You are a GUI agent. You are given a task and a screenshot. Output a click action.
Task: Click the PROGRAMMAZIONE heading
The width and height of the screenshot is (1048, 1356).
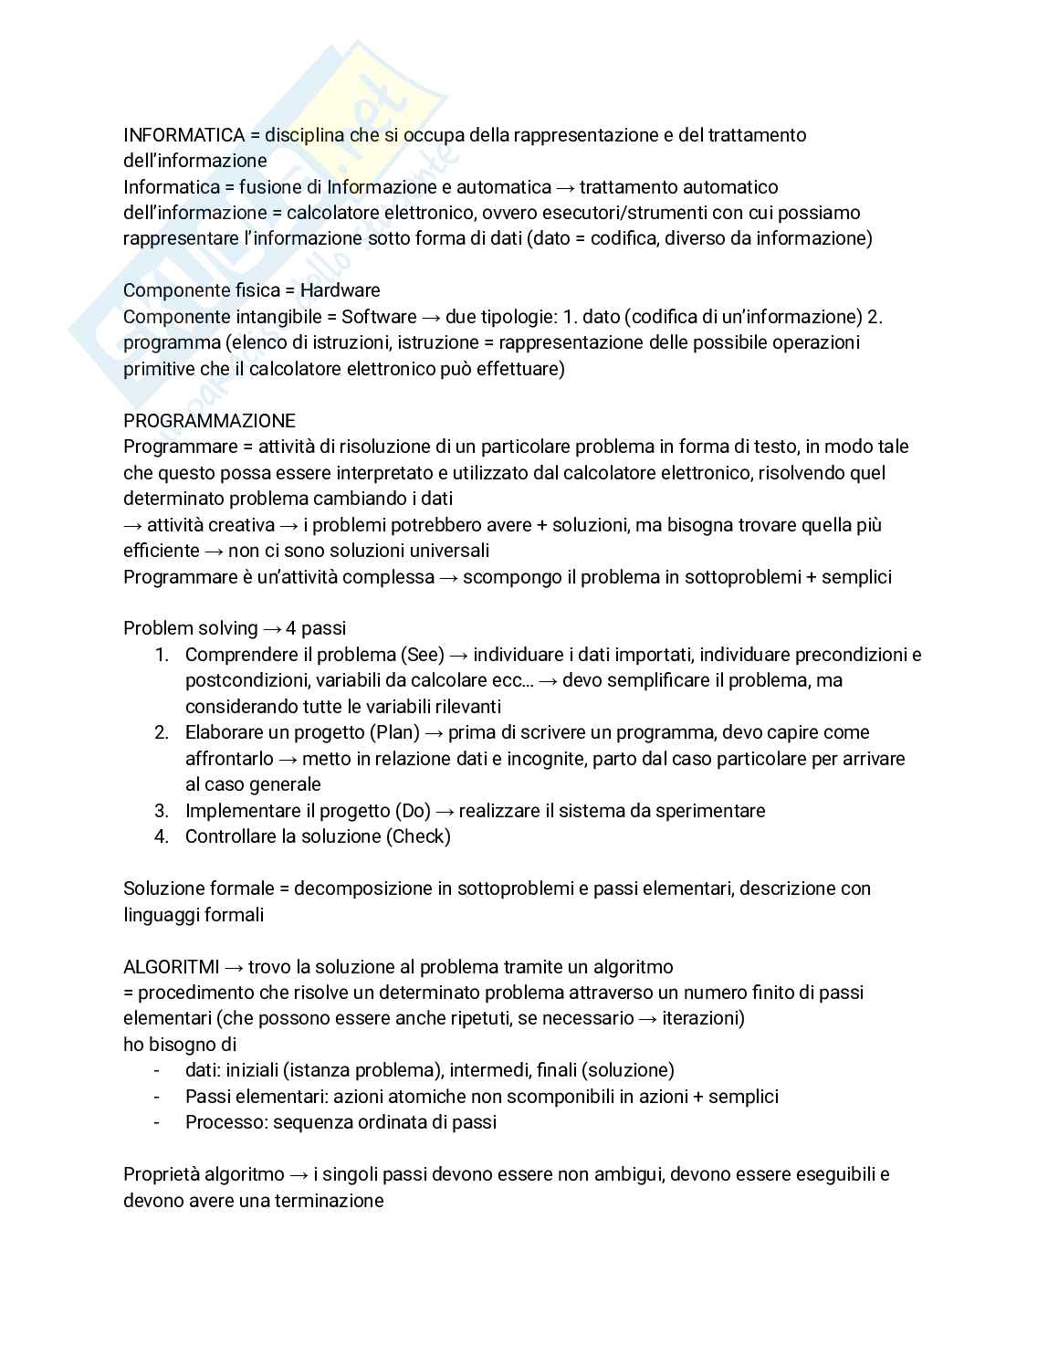[x=209, y=421]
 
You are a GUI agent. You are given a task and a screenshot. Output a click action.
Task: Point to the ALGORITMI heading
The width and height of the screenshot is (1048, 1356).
[x=171, y=966]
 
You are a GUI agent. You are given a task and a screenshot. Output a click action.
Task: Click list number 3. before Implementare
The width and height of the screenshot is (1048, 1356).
[x=162, y=811]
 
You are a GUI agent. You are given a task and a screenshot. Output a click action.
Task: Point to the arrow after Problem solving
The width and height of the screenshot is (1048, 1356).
[x=272, y=629]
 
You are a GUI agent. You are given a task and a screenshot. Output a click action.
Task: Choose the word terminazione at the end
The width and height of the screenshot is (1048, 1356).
[x=329, y=1201]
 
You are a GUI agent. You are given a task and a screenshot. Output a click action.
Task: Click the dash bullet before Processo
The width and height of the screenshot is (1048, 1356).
[x=157, y=1122]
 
